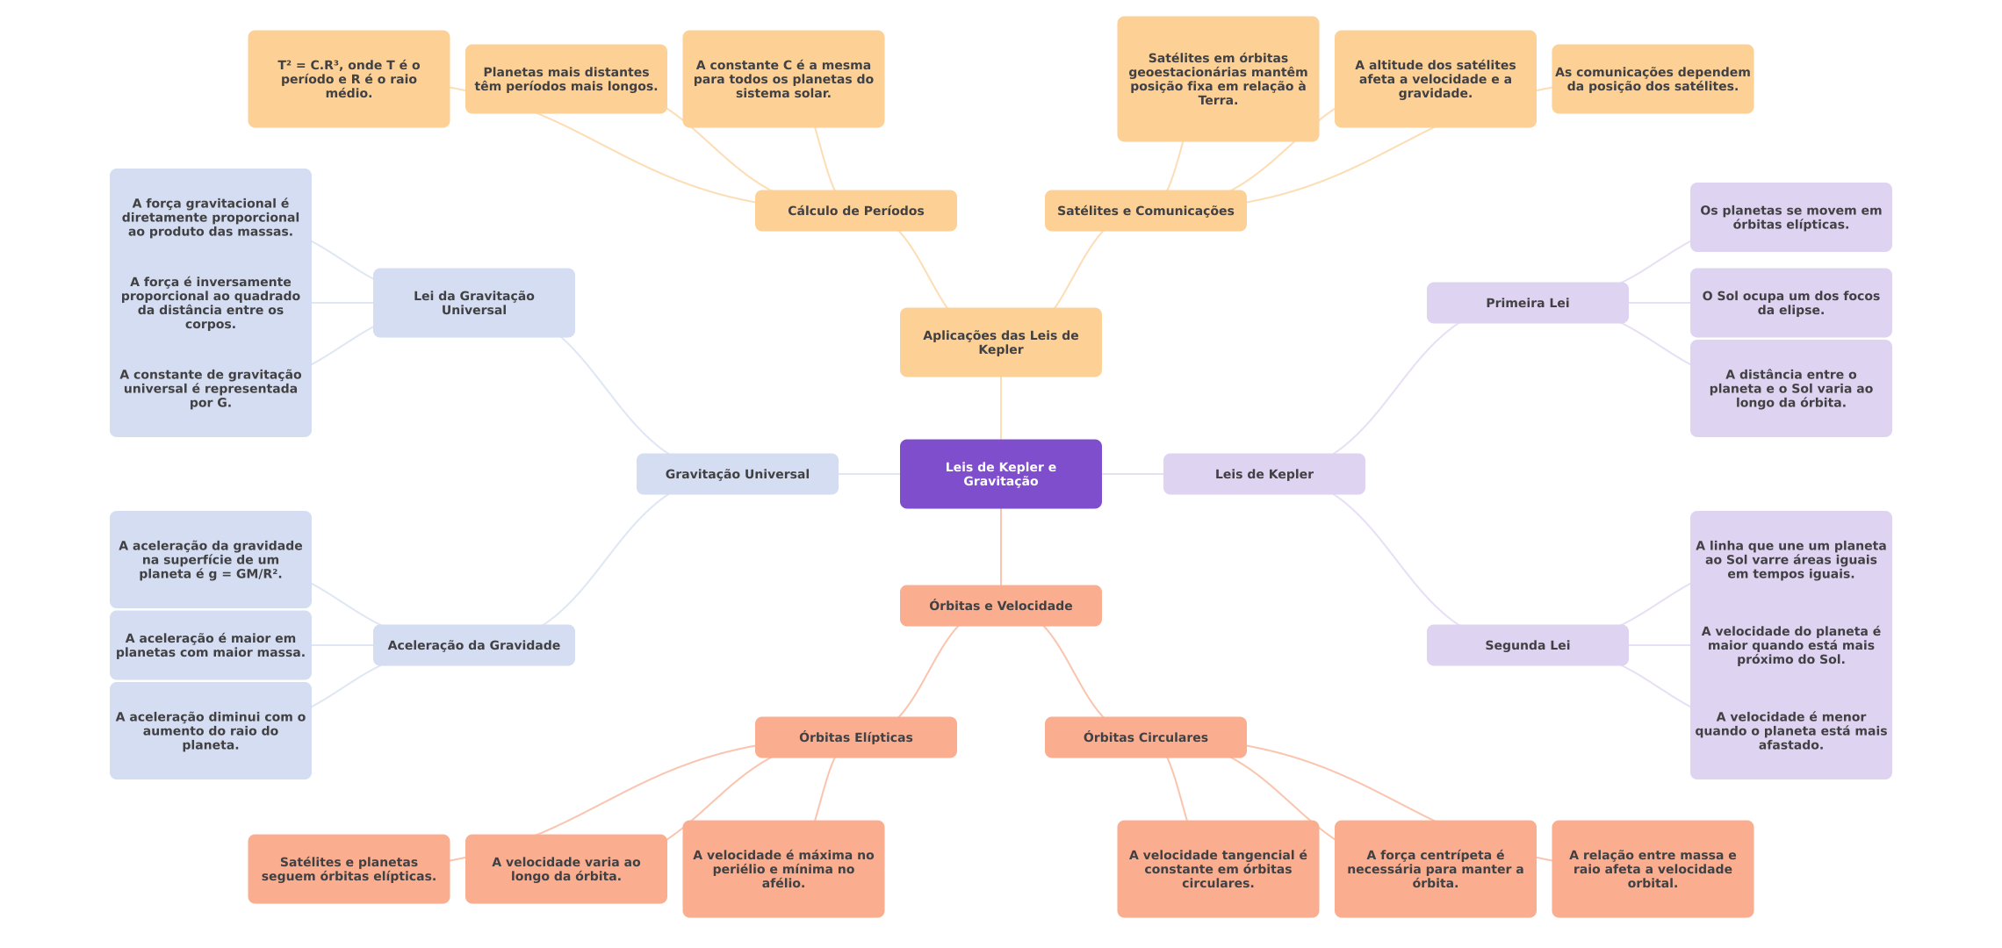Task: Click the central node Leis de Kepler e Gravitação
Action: click(x=1000, y=474)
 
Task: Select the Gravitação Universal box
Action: click(x=737, y=474)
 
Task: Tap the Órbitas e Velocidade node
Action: click(x=1000, y=606)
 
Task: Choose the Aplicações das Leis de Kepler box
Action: click(x=1000, y=342)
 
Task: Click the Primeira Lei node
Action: click(x=1527, y=303)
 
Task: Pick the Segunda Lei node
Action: click(x=1527, y=645)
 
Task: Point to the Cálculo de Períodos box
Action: click(x=855, y=211)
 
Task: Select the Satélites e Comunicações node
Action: click(x=1145, y=211)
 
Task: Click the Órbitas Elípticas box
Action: click(x=855, y=737)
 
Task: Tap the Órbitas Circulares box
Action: click(x=1145, y=737)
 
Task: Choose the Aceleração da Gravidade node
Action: click(x=473, y=645)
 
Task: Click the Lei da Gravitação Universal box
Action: click(x=473, y=303)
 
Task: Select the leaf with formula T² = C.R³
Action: click(x=349, y=79)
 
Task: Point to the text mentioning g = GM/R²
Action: click(x=210, y=560)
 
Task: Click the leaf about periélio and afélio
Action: click(x=783, y=869)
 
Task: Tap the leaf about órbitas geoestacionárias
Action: click(x=1218, y=79)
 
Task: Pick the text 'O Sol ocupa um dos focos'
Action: click(x=1790, y=303)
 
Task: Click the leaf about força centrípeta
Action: click(x=1435, y=869)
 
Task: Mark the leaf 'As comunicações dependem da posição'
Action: click(x=1653, y=79)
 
